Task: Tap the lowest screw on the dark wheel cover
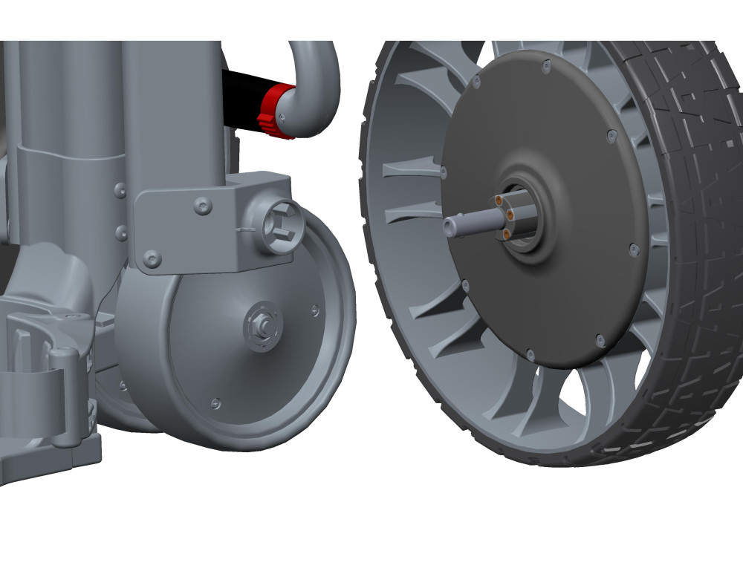coord(528,354)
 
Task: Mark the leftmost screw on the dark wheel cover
coord(444,172)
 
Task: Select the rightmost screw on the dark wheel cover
coord(633,250)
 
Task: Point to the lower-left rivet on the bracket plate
coord(152,259)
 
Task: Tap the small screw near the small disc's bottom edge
coord(215,403)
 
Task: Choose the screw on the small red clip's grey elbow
coord(282,115)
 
